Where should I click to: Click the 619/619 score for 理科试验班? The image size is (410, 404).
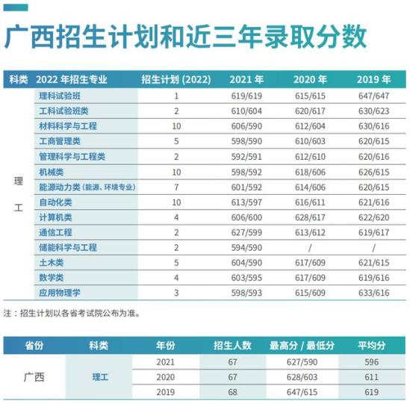coord(246,96)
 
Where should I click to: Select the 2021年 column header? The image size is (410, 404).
coord(246,79)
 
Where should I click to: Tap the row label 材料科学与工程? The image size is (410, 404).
coord(68,126)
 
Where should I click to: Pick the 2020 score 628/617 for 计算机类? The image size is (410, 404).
coord(310,217)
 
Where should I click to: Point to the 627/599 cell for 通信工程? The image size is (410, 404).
coord(246,232)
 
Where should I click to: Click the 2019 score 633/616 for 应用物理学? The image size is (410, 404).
coord(374,293)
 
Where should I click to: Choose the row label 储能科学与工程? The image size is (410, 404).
coord(68,247)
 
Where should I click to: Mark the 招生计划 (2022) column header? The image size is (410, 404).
coord(176,79)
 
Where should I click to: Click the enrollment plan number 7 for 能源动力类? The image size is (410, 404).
coord(176,187)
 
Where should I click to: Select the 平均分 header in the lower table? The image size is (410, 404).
coord(372,346)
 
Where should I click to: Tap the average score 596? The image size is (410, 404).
coord(372,362)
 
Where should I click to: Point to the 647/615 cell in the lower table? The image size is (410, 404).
coord(302,392)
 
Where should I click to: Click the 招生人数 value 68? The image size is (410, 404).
coord(232,392)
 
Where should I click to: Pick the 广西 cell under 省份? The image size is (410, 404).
coord(34,377)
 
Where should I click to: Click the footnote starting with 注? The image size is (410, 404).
coord(72,313)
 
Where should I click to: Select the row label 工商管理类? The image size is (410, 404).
coord(60,141)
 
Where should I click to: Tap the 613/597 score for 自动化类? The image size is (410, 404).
coord(246,202)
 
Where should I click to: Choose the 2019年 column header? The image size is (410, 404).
coord(374,79)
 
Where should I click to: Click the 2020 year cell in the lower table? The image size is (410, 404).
coord(166,377)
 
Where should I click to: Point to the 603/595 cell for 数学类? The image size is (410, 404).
coord(246,278)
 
